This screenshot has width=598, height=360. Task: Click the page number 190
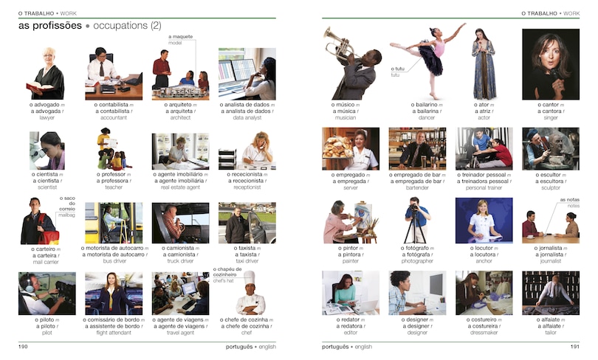point(23,345)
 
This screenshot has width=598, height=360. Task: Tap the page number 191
point(573,345)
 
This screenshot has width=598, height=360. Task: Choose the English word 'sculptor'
point(550,188)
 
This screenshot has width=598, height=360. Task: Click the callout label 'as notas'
point(569,200)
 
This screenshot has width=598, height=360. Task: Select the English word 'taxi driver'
point(247,261)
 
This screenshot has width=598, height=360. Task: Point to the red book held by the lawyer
point(38,88)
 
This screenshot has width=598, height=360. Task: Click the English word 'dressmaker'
point(484,332)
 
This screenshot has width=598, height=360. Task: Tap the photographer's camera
point(416,210)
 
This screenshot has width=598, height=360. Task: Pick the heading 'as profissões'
point(49,26)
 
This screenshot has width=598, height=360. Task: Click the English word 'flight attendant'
point(114,333)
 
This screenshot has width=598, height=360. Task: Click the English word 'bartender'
point(417,188)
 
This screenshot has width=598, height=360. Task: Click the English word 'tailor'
point(550,332)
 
